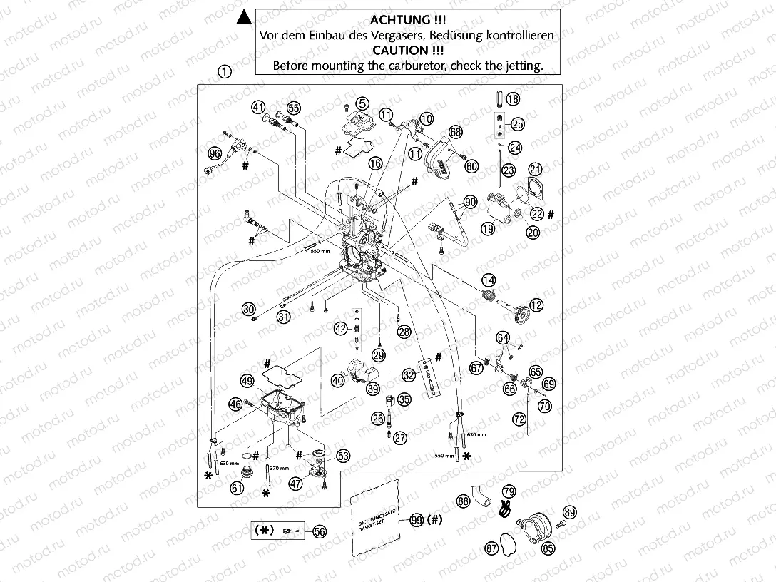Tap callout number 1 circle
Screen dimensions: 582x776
coord(225,71)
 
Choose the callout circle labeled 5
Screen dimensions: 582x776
coord(363,103)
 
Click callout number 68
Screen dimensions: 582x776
coord(456,132)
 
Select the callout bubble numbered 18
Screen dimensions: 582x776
coord(513,99)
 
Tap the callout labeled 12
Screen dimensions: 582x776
coord(536,305)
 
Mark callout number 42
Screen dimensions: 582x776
coord(341,328)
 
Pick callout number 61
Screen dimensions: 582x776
coord(236,488)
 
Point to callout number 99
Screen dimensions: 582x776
coord(417,521)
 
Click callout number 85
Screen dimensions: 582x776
coord(548,548)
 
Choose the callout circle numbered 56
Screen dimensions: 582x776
coord(320,531)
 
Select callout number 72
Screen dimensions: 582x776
coord(519,421)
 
